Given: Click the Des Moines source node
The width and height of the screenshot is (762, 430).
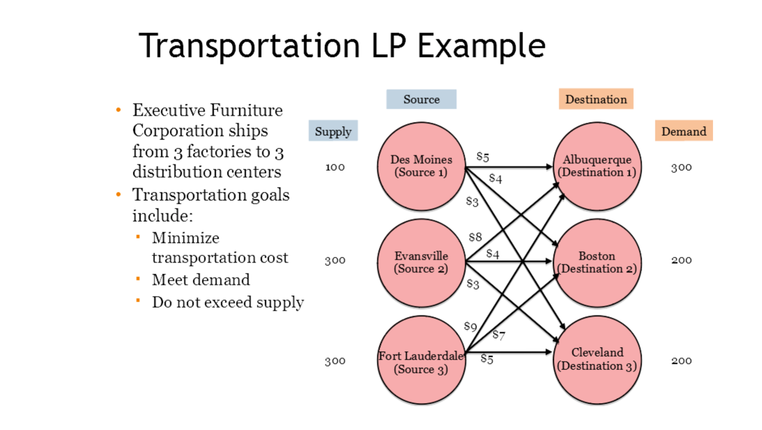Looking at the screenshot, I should pyautogui.click(x=421, y=166).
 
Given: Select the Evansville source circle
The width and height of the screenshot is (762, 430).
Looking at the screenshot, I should pyautogui.click(x=421, y=263).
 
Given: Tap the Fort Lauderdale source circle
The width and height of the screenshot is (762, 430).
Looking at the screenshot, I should pyautogui.click(x=421, y=361).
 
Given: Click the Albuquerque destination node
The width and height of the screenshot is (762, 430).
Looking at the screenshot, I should pyautogui.click(x=597, y=166).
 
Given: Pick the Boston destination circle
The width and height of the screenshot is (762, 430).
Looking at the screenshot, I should pyautogui.click(x=597, y=263).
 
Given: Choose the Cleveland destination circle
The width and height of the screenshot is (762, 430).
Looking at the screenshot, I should pyautogui.click(x=597, y=360).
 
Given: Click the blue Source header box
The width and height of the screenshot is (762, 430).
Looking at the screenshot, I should pyautogui.click(x=421, y=100).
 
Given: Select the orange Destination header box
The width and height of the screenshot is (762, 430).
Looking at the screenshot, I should pyautogui.click(x=596, y=99).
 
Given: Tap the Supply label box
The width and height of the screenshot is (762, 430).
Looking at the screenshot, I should pyautogui.click(x=333, y=131).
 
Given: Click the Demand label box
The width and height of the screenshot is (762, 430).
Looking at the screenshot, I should pyautogui.click(x=683, y=131).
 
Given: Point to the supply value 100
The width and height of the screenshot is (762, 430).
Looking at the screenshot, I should pyautogui.click(x=335, y=167).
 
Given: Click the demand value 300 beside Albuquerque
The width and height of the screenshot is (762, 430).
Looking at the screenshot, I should pyautogui.click(x=681, y=167).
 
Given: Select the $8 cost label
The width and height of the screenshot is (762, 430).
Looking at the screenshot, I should pyautogui.click(x=475, y=237).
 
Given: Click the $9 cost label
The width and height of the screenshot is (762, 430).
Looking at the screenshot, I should pyautogui.click(x=470, y=326).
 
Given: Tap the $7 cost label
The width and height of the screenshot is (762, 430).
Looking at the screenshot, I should pyautogui.click(x=499, y=335).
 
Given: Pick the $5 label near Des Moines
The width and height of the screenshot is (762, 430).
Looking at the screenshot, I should pyautogui.click(x=483, y=157).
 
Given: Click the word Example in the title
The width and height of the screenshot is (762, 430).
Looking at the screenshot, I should pyautogui.click(x=481, y=46).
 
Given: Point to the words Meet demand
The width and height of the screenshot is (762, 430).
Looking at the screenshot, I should pyautogui.click(x=201, y=280).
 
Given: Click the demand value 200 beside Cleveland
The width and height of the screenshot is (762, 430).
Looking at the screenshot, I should pyautogui.click(x=681, y=360).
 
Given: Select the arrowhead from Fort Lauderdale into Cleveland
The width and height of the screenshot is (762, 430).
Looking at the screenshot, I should pyautogui.click(x=549, y=352).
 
